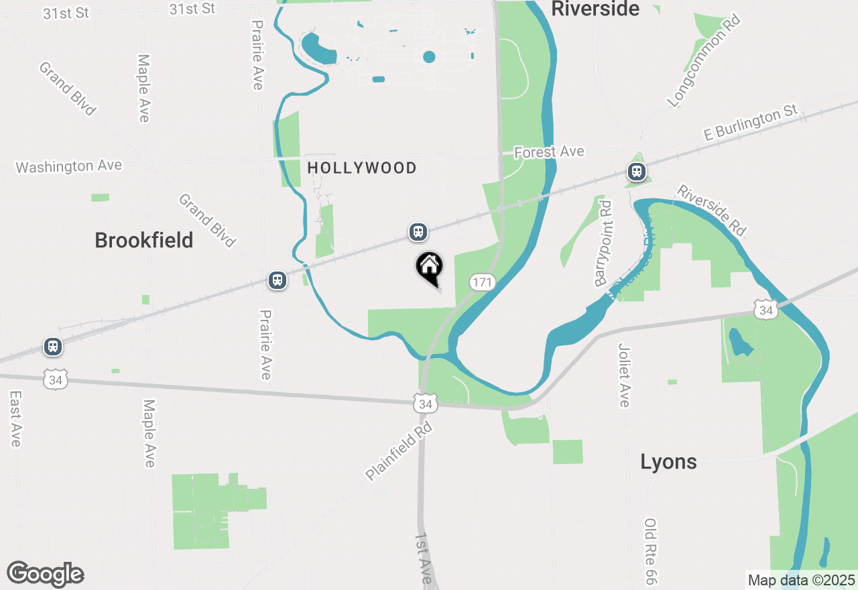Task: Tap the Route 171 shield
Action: pyautogui.click(x=482, y=282)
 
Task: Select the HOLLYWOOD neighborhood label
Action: pyautogui.click(x=362, y=168)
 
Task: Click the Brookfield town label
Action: pyautogui.click(x=144, y=240)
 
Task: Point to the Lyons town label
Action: pyautogui.click(x=668, y=461)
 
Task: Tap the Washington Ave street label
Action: pyautogui.click(x=69, y=166)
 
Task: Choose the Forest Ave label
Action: pyautogui.click(x=549, y=152)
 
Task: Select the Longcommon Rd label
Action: pyautogui.click(x=704, y=62)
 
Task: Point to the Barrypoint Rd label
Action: pyautogui.click(x=603, y=243)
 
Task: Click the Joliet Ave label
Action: pyautogui.click(x=624, y=375)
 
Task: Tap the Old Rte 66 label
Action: pyautogui.click(x=650, y=551)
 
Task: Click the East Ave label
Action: pyautogui.click(x=15, y=419)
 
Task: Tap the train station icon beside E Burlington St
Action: pyautogui.click(x=636, y=172)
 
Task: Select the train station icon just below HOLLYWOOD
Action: pyautogui.click(x=418, y=232)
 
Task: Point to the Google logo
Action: pyautogui.click(x=45, y=574)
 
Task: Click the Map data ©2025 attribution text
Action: pyautogui.click(x=802, y=580)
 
